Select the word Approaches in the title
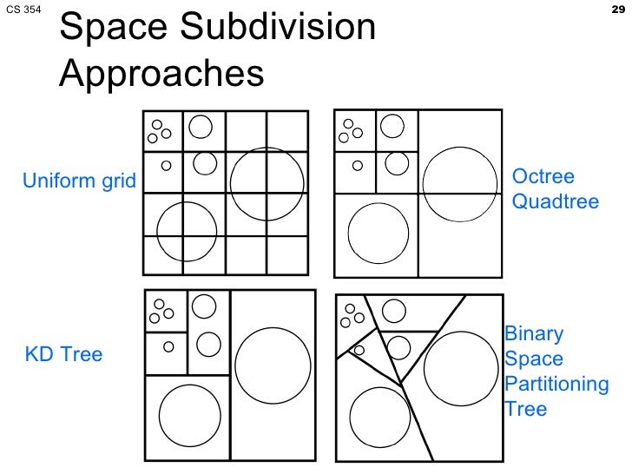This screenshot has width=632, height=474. pos(161,74)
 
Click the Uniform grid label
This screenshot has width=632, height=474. pos(79,181)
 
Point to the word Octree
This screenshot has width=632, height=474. pos(543,177)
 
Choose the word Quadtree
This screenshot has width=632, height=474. pos(556,202)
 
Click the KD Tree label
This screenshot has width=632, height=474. pos(63,354)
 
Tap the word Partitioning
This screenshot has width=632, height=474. pos(556,384)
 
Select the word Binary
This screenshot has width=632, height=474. pos(534,334)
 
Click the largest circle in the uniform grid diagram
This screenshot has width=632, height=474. pos(268,184)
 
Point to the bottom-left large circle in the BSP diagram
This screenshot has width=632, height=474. pos(379,418)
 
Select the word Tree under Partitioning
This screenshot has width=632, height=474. pos(526,408)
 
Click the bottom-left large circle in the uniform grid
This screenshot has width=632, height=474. pos(187,232)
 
